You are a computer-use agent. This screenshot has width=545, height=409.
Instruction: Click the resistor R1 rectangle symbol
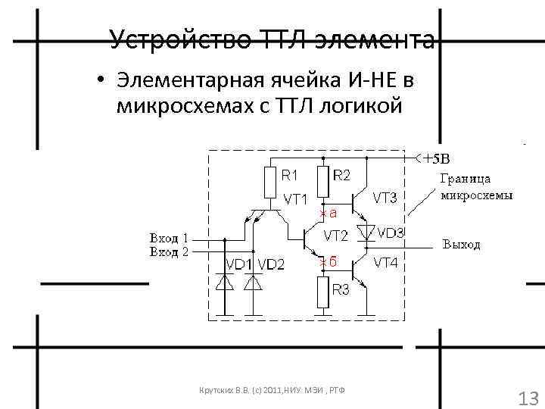tap(271, 182)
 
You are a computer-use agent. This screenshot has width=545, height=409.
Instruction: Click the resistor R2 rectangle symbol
tap(323, 182)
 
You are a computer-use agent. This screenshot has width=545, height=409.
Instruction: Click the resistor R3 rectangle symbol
tap(323, 292)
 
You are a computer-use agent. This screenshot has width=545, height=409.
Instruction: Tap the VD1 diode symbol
tap(225, 283)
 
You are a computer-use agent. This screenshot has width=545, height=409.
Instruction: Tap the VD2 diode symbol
tap(252, 283)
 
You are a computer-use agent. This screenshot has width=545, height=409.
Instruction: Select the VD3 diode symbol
tap(367, 229)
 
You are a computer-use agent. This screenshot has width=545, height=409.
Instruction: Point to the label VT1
tap(295, 200)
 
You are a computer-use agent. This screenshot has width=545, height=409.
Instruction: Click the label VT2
tap(335, 235)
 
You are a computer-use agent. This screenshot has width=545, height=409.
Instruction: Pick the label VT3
tap(386, 198)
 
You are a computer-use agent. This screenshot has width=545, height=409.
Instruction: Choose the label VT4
tap(386, 263)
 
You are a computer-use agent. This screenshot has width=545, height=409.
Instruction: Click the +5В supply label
tap(436, 159)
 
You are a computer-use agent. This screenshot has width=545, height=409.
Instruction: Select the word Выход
tap(461, 245)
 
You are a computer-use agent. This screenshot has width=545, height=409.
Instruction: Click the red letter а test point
tap(332, 213)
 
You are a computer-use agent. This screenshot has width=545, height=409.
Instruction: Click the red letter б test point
tap(331, 261)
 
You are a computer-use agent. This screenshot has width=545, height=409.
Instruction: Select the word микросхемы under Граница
tap(476, 195)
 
